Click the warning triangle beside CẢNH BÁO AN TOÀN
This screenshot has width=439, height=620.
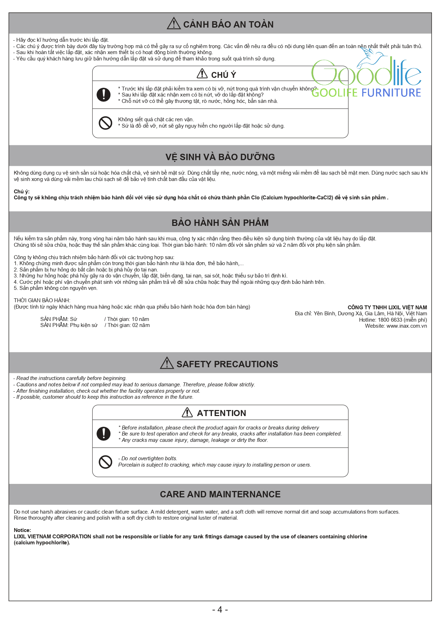click(174, 23)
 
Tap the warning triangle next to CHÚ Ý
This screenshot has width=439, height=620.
click(202, 74)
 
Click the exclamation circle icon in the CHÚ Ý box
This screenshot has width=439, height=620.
click(104, 95)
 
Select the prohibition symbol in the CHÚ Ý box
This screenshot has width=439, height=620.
click(105, 123)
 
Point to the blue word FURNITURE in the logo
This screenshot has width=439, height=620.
click(391, 93)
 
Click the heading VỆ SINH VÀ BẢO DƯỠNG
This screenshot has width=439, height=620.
click(220, 157)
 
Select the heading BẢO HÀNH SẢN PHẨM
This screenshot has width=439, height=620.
click(220, 223)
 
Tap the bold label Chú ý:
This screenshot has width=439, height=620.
click(22, 192)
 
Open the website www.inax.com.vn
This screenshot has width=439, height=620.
click(406, 326)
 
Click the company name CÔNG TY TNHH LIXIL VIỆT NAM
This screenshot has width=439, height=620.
click(387, 308)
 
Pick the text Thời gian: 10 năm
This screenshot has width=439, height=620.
click(128, 319)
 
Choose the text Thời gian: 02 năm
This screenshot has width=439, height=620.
click(128, 325)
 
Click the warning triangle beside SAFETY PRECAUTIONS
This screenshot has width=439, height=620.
click(167, 363)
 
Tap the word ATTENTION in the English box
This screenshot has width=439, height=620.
click(221, 413)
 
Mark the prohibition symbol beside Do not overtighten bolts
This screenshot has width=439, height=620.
click(105, 462)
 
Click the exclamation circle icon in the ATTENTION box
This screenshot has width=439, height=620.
click(104, 434)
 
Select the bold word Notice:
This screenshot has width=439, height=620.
click(22, 530)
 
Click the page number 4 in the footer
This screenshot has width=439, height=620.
click(220, 610)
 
